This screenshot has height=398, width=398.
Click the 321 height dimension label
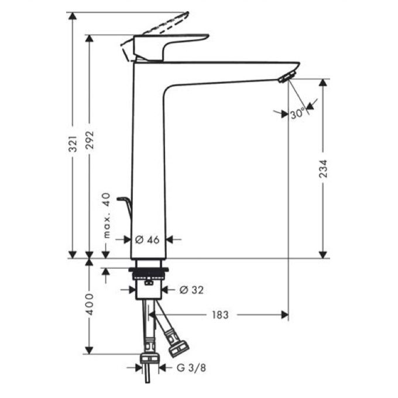73,143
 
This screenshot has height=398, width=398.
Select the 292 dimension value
90,140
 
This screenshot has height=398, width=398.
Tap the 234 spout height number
323,169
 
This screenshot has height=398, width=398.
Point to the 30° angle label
297,113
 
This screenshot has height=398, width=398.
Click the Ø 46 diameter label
147,239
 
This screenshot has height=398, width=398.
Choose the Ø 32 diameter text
191,290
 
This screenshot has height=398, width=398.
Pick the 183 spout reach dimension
220,315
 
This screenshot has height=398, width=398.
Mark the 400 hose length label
90,304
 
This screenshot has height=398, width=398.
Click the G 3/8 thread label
191,368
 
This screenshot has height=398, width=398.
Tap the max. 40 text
107,215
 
